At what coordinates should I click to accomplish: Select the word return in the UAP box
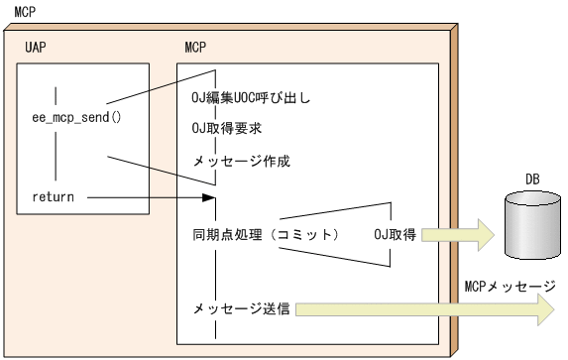coord(53,196)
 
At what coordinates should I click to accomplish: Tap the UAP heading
coord(37,48)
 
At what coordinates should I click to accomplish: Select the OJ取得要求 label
coord(227,130)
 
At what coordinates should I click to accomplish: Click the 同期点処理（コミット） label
coord(266,236)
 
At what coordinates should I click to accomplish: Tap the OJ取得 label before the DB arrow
coord(394,235)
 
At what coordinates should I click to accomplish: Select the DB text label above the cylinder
coord(532,180)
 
